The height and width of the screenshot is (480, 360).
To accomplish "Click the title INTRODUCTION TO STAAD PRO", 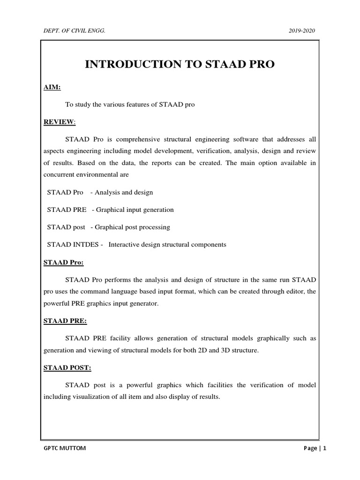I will coord(180,65).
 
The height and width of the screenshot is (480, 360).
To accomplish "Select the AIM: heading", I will coord(52,87).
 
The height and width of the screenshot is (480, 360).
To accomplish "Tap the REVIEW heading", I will coord(59,122).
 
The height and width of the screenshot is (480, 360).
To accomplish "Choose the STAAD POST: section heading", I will coord(67,367).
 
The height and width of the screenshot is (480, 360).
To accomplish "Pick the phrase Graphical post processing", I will coord(133,227).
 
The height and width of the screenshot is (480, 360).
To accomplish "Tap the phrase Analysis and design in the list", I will coord(124,192).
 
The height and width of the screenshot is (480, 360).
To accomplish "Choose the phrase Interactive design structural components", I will coord(167,244).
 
